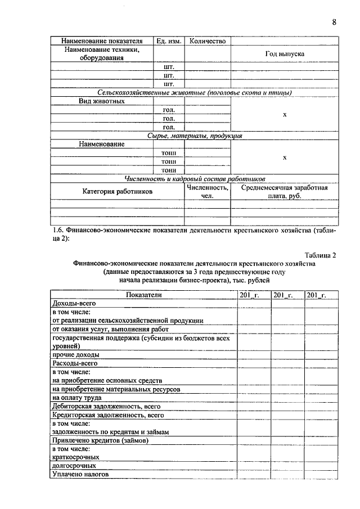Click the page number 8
point(334,22)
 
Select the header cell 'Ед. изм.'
point(169,41)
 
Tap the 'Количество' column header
point(208,41)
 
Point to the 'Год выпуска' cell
point(285,54)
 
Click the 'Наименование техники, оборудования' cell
point(102,53)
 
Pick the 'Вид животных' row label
point(102,101)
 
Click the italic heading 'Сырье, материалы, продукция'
point(195,136)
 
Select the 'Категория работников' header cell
point(118,191)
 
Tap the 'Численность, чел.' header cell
point(208,191)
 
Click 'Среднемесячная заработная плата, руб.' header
point(285,191)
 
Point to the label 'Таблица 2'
point(320,255)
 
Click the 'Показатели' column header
point(144,295)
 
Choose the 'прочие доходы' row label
point(76,355)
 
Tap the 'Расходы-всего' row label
point(71,363)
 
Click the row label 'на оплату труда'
point(77,398)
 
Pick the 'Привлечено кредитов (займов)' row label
point(100,440)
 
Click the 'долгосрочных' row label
point(74,466)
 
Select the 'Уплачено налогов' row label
point(80,474)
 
